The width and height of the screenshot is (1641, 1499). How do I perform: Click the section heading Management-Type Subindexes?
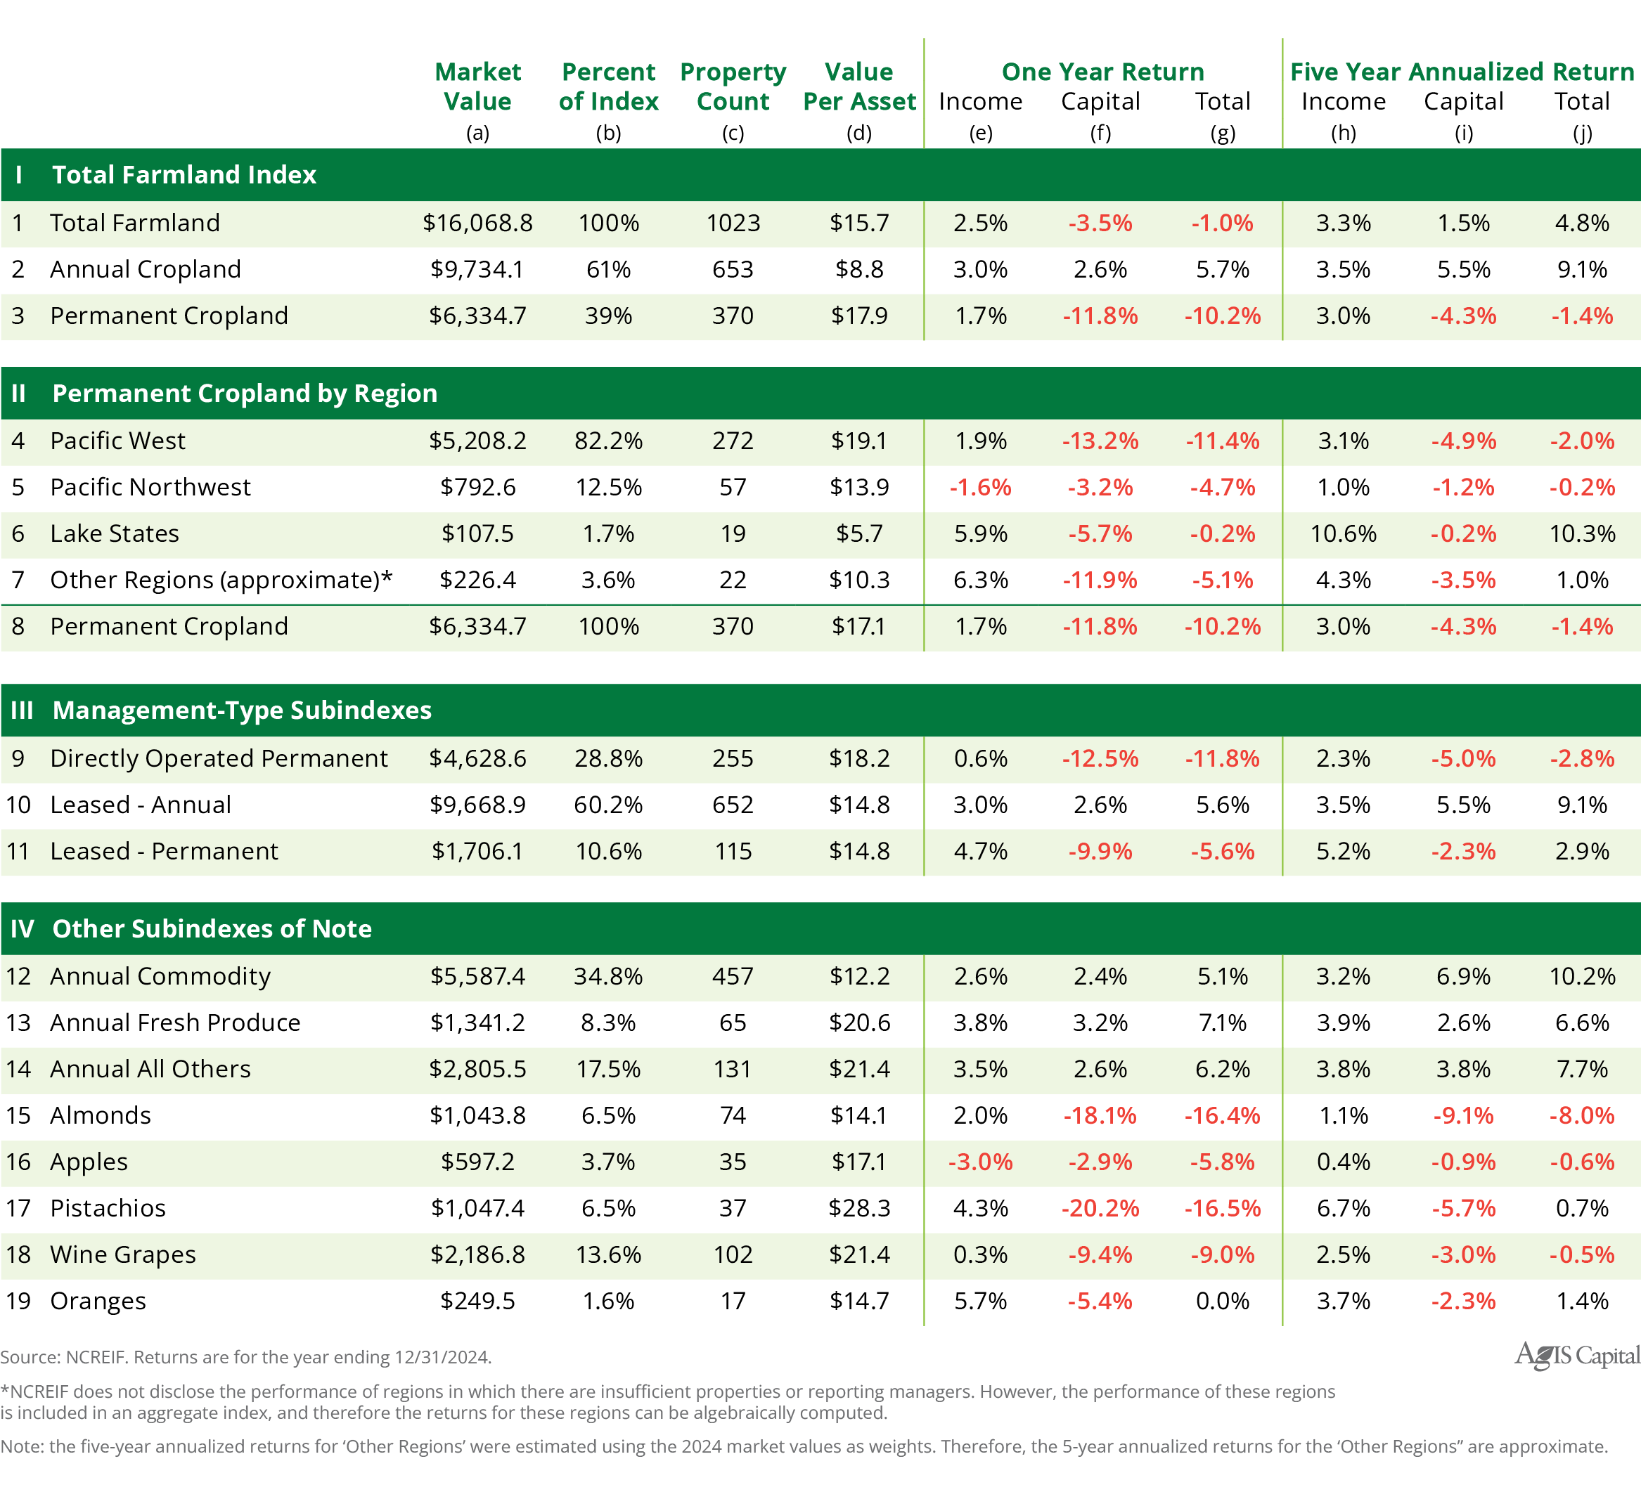[242, 710]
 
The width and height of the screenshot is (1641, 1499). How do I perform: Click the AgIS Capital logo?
[1577, 1355]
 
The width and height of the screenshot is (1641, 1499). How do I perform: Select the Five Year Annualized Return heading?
[1462, 72]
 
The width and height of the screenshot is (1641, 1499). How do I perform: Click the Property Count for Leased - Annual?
[733, 804]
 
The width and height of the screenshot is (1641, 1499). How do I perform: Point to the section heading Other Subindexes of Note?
[212, 928]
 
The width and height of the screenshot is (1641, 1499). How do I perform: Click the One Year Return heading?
[1102, 72]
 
